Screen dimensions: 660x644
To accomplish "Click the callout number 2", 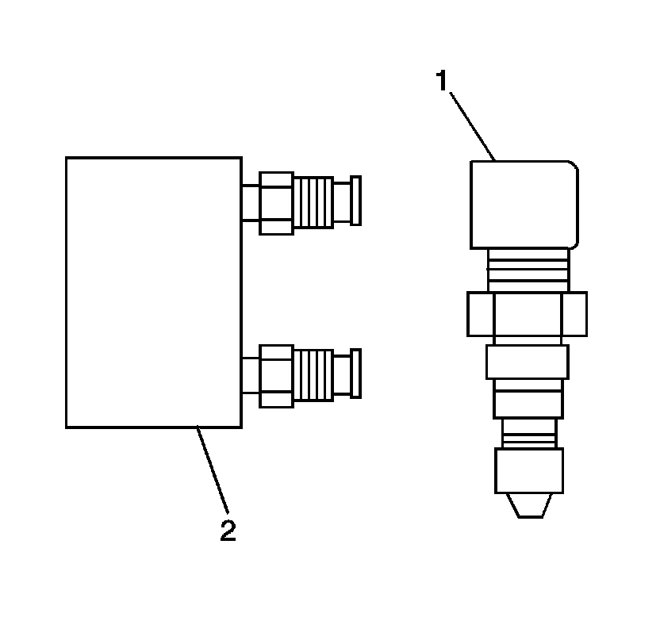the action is click(228, 530).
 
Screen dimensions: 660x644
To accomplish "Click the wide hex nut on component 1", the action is click(527, 315).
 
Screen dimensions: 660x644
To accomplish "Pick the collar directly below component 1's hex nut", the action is click(528, 361).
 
